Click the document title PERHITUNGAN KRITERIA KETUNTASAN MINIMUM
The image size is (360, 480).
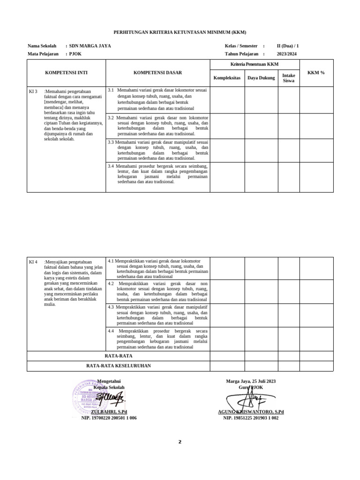click(x=180, y=32)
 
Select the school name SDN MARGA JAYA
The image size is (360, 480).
click(x=90, y=46)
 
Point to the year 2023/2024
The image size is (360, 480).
click(x=286, y=54)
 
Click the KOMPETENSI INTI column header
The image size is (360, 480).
click(x=66, y=73)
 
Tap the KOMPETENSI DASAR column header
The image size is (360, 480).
click(x=157, y=73)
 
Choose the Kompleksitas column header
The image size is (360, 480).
click(x=227, y=78)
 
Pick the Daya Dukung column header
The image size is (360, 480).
click(x=261, y=78)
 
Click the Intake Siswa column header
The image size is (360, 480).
click(x=288, y=78)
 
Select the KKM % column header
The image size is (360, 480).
click(x=316, y=73)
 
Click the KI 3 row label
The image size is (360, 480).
click(x=33, y=91)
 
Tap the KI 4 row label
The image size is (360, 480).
click(x=33, y=262)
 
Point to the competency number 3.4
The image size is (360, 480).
click(x=111, y=166)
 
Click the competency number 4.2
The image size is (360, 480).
click(x=112, y=284)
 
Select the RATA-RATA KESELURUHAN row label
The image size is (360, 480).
click(x=118, y=366)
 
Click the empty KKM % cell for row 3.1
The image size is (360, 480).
click(x=316, y=100)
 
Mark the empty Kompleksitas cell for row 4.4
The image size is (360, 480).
click(x=227, y=338)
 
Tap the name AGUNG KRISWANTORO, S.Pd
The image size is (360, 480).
click(x=251, y=412)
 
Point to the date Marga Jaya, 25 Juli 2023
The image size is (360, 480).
click(x=251, y=382)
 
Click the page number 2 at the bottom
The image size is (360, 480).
click(x=180, y=442)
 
